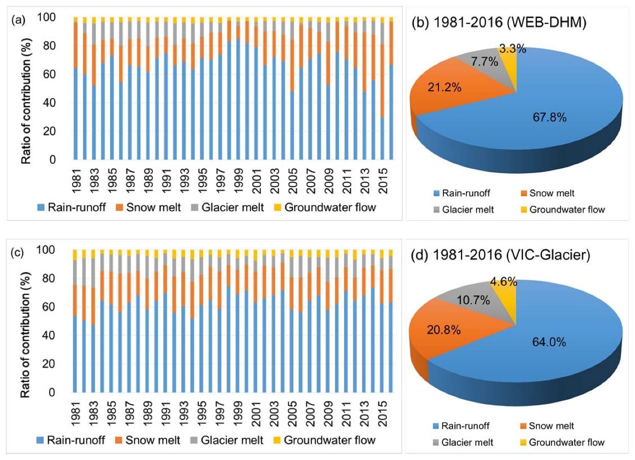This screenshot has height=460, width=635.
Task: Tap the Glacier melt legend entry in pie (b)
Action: click(x=467, y=209)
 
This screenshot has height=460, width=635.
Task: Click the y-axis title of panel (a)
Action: click(x=29, y=89)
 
